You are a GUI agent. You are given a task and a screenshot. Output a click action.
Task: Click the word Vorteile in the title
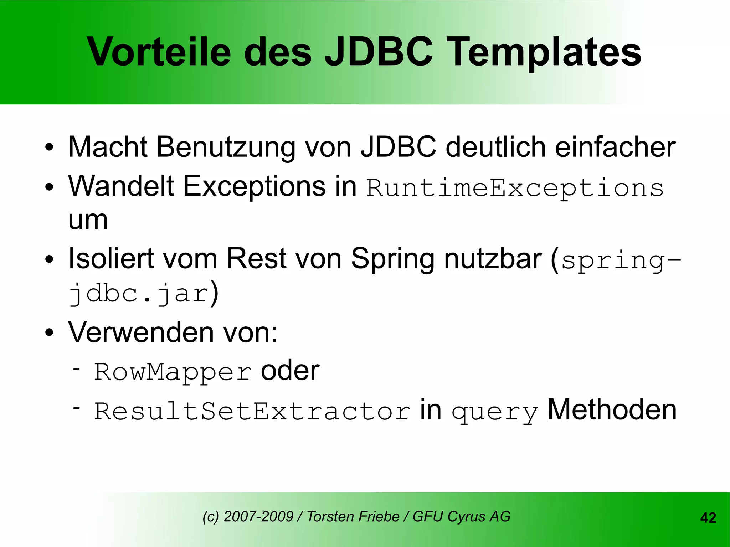click(x=159, y=52)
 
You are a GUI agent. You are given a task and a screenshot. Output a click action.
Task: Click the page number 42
click(x=708, y=518)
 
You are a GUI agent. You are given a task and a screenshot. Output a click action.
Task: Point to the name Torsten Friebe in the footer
click(x=353, y=516)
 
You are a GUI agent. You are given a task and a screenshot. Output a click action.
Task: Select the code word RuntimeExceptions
click(x=515, y=188)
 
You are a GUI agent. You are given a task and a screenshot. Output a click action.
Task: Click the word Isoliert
click(x=111, y=258)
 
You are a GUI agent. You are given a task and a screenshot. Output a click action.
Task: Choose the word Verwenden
click(x=141, y=332)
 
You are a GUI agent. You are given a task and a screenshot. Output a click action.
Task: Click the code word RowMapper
click(x=173, y=373)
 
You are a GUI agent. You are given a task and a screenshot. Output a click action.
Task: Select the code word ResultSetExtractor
click(x=252, y=411)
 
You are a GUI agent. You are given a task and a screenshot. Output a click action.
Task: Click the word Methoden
click(x=612, y=410)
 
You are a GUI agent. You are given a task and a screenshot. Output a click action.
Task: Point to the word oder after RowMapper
click(x=290, y=371)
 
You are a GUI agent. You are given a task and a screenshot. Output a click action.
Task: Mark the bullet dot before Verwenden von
click(x=49, y=333)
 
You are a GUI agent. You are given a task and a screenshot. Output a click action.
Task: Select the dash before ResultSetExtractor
click(x=76, y=407)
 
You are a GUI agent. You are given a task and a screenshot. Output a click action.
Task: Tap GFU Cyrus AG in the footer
click(x=462, y=516)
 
